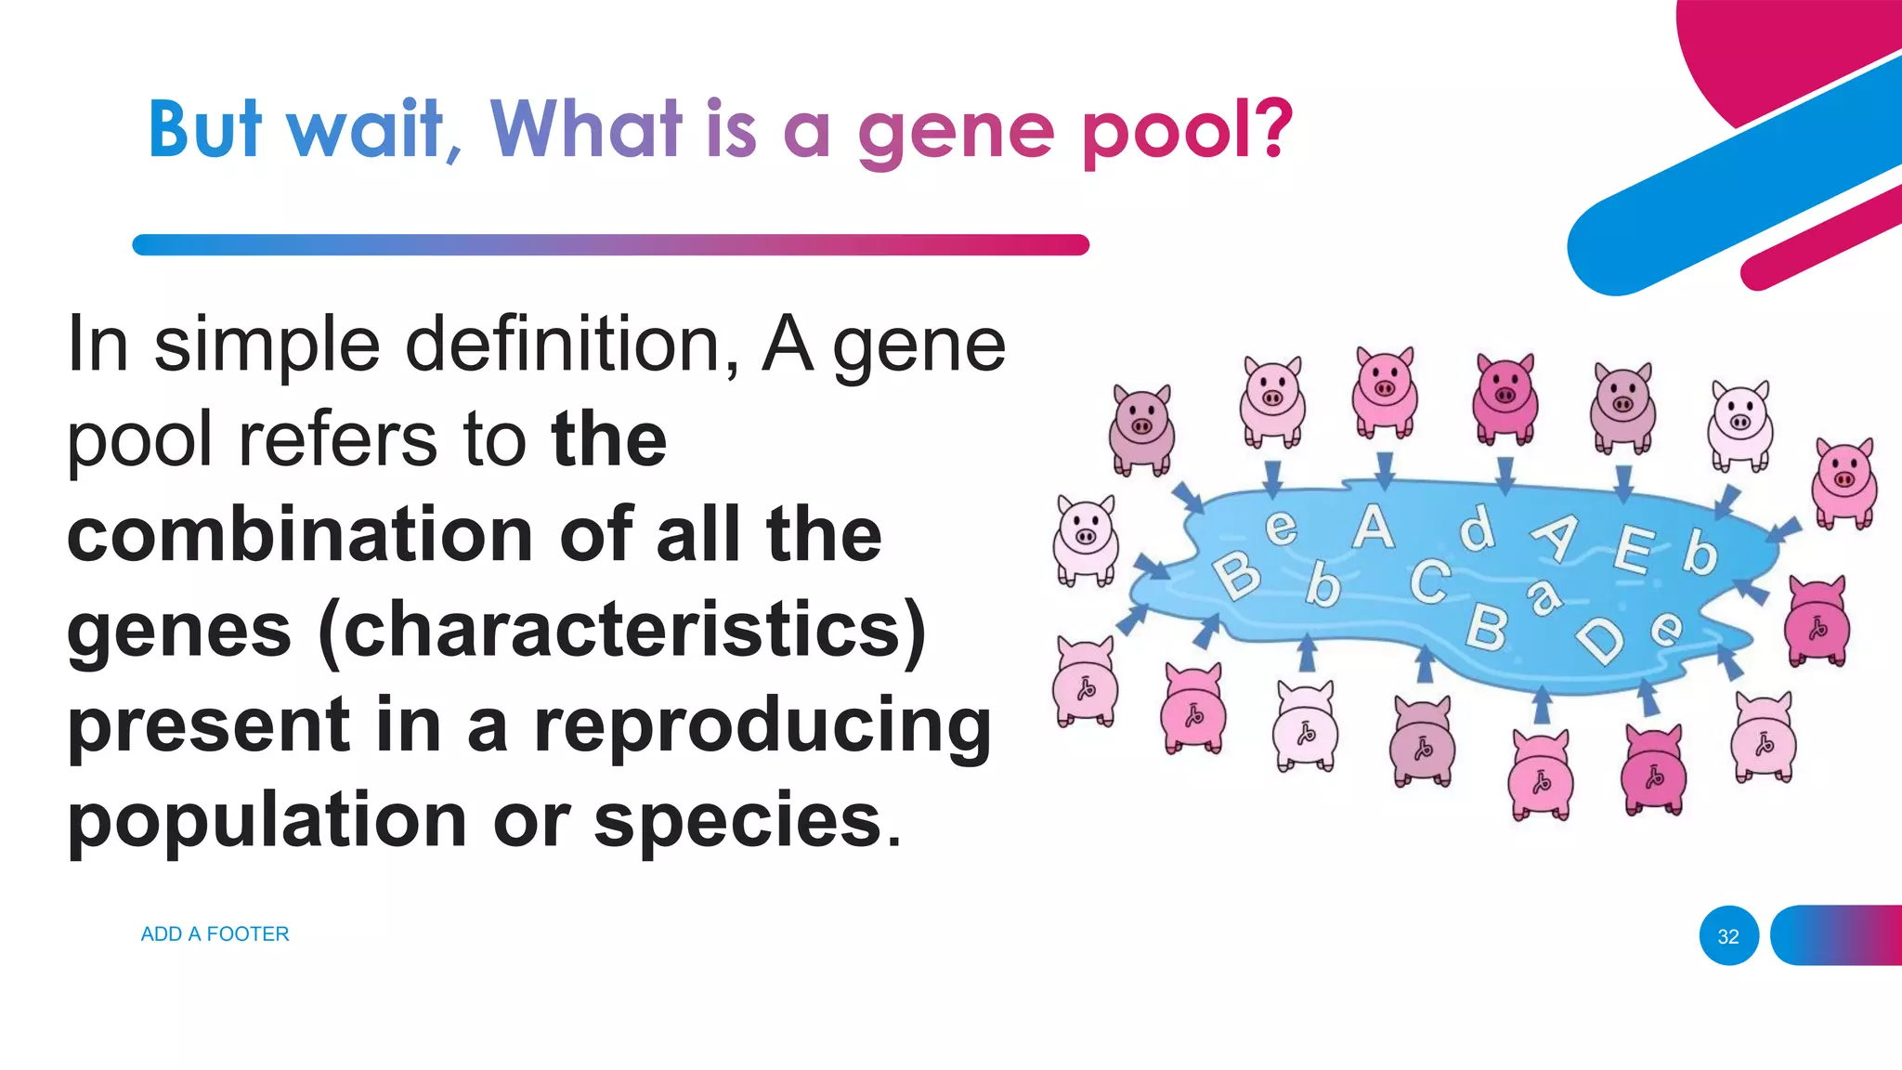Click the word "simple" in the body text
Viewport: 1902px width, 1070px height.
pyautogui.click(x=267, y=345)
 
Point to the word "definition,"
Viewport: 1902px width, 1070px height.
pyautogui.click(x=573, y=345)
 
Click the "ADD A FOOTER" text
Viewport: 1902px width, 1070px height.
pyautogui.click(x=215, y=933)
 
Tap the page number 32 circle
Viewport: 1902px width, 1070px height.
pyautogui.click(x=1728, y=936)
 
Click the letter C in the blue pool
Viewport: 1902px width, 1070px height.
pyautogui.click(x=1429, y=581)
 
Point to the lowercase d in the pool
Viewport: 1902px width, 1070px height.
pyautogui.click(x=1476, y=529)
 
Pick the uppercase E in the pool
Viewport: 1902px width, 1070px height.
pyautogui.click(x=1634, y=549)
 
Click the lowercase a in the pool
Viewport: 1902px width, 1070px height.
pyautogui.click(x=1544, y=596)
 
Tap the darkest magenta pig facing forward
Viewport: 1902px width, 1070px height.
pyautogui.click(x=1505, y=397)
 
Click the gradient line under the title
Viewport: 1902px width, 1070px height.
pyautogui.click(x=610, y=245)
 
